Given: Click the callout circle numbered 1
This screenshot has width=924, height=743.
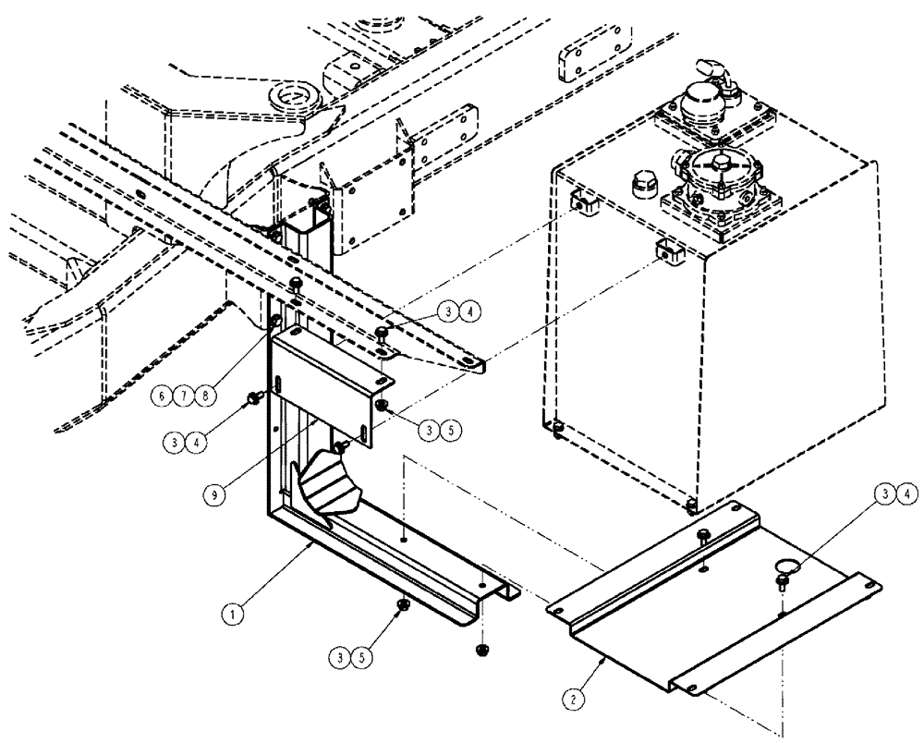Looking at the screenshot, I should [x=237, y=611].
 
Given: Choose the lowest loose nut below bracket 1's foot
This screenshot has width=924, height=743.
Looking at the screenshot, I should [x=480, y=652].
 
